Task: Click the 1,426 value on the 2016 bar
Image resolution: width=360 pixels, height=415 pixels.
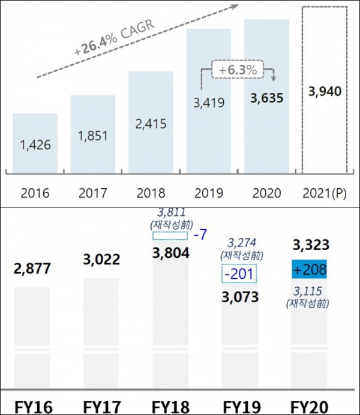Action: [35, 145]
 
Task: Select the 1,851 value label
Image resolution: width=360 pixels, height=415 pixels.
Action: [92, 136]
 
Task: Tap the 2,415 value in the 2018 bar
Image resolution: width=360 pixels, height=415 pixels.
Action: [151, 125]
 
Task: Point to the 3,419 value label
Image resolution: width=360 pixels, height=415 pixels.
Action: [208, 103]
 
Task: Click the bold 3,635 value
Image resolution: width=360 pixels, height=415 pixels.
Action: [266, 97]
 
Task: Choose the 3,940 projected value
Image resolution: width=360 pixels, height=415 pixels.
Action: [324, 92]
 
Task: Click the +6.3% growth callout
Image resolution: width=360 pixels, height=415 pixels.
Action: [238, 70]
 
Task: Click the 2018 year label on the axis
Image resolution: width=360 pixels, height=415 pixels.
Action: [151, 194]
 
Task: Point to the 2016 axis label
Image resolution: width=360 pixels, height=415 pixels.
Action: [35, 194]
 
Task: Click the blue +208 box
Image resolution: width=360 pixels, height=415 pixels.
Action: [310, 269]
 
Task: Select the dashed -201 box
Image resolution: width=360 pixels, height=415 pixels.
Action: [239, 275]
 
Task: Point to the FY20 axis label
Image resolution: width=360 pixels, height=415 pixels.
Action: [310, 406]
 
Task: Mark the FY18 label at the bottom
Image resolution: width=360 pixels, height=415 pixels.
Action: [172, 406]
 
